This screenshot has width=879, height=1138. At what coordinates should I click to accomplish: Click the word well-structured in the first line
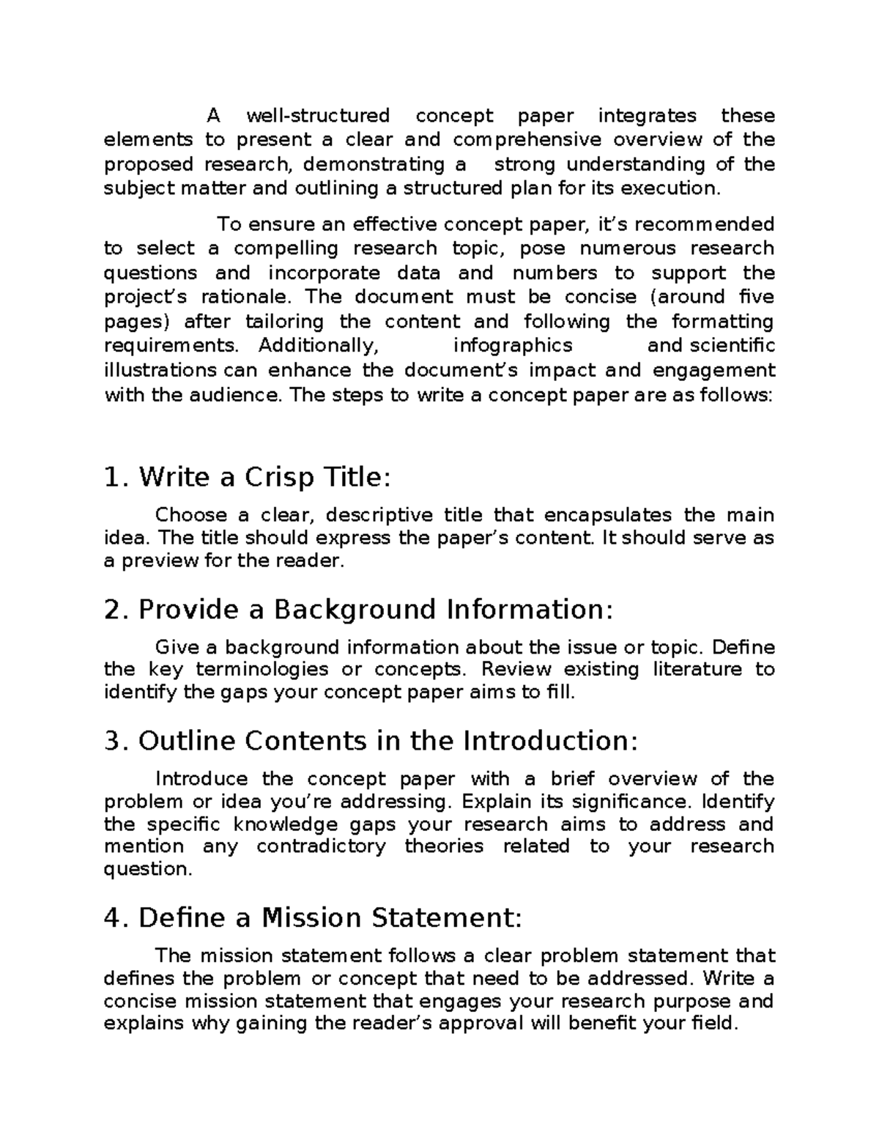(x=318, y=116)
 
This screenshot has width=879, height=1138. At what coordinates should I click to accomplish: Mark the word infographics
(x=513, y=345)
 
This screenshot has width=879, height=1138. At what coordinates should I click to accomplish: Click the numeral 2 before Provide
(x=111, y=610)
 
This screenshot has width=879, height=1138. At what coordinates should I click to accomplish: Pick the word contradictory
(x=321, y=846)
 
